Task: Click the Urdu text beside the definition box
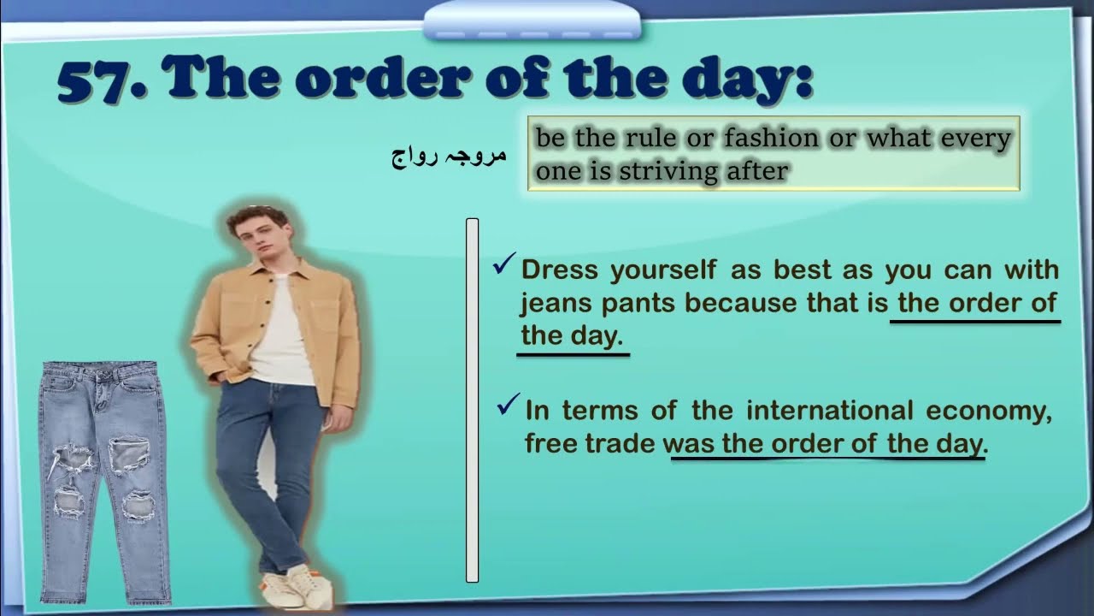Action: pos(449,156)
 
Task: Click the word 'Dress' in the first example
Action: pos(561,269)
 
